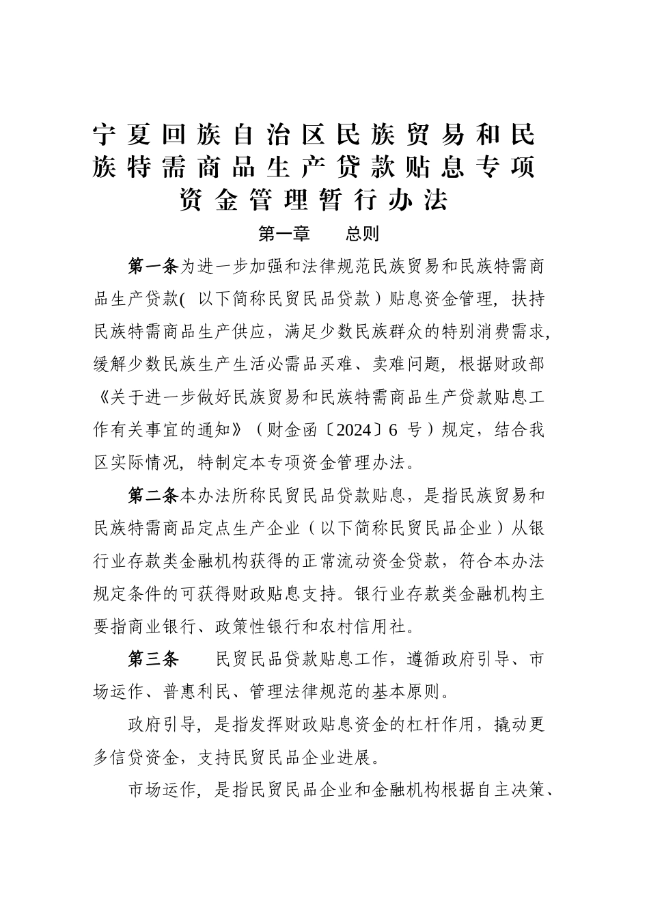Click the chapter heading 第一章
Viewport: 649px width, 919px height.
[284, 235]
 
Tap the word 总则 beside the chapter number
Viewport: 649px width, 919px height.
[362, 235]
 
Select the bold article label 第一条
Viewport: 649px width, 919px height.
[153, 265]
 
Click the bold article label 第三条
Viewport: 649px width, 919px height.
[153, 660]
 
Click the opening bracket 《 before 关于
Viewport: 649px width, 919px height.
[102, 398]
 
